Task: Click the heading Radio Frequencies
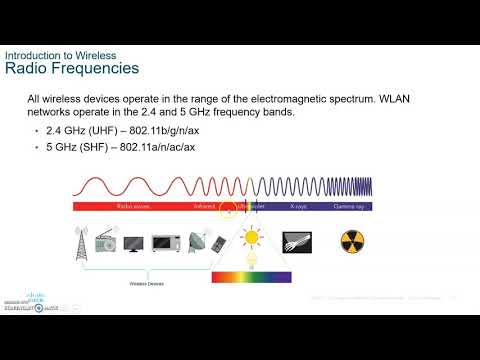tap(72, 68)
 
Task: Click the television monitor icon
tap(134, 243)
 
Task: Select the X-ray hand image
tap(298, 242)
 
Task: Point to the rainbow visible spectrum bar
tap(251, 277)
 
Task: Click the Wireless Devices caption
tap(148, 283)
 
